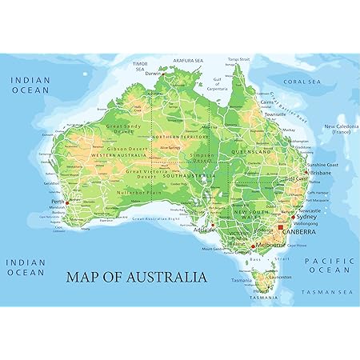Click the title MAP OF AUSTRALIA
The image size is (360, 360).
[x=135, y=277]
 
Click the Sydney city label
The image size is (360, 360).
[x=306, y=216]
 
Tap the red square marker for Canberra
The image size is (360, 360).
[x=281, y=227]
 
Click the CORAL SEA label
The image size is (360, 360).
[x=301, y=80]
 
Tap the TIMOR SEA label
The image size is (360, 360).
[x=140, y=66]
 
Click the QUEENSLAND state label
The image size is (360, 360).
[x=248, y=150]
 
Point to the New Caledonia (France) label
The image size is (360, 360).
[x=340, y=130]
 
